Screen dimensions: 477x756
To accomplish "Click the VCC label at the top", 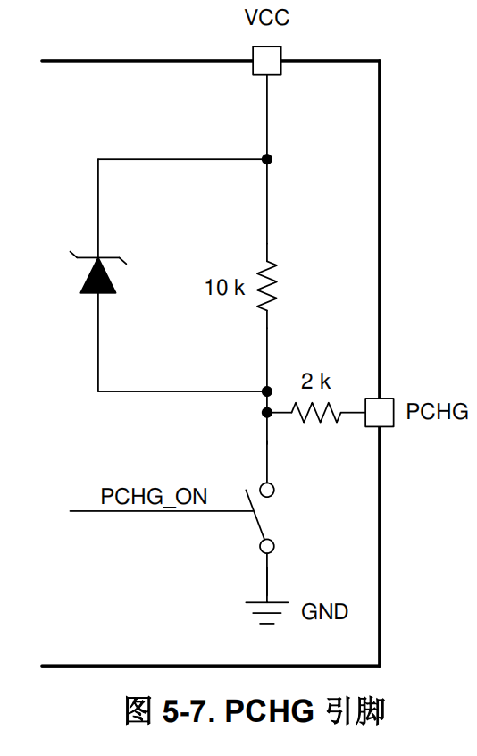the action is tap(266, 18).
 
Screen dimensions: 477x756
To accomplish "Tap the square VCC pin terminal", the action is tap(267, 61).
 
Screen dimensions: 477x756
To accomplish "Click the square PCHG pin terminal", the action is tap(380, 413).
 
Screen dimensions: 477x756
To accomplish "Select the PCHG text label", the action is tap(437, 412).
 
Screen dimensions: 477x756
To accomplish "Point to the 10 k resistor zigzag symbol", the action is tap(267, 286).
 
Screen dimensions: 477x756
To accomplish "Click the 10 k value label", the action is tap(224, 288).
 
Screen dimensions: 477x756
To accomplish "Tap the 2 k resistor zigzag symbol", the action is tap(315, 413).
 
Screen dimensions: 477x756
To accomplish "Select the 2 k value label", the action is tap(315, 382).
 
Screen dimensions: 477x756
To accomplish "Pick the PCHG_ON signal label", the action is tap(154, 497).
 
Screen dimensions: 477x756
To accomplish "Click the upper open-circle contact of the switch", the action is tap(267, 490).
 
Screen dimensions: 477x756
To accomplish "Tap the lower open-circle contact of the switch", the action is tap(267, 546).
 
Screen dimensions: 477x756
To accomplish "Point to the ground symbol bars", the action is tap(267, 613).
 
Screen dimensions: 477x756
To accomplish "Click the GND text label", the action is tap(324, 612).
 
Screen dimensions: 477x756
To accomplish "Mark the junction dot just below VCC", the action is tap(267, 159).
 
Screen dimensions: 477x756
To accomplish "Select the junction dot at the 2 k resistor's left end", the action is tap(267, 413).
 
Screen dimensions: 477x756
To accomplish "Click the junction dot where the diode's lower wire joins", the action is tap(267, 391).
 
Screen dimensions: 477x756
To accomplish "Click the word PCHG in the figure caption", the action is tap(270, 711).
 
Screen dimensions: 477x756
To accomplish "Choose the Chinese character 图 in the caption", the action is tap(138, 710).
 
